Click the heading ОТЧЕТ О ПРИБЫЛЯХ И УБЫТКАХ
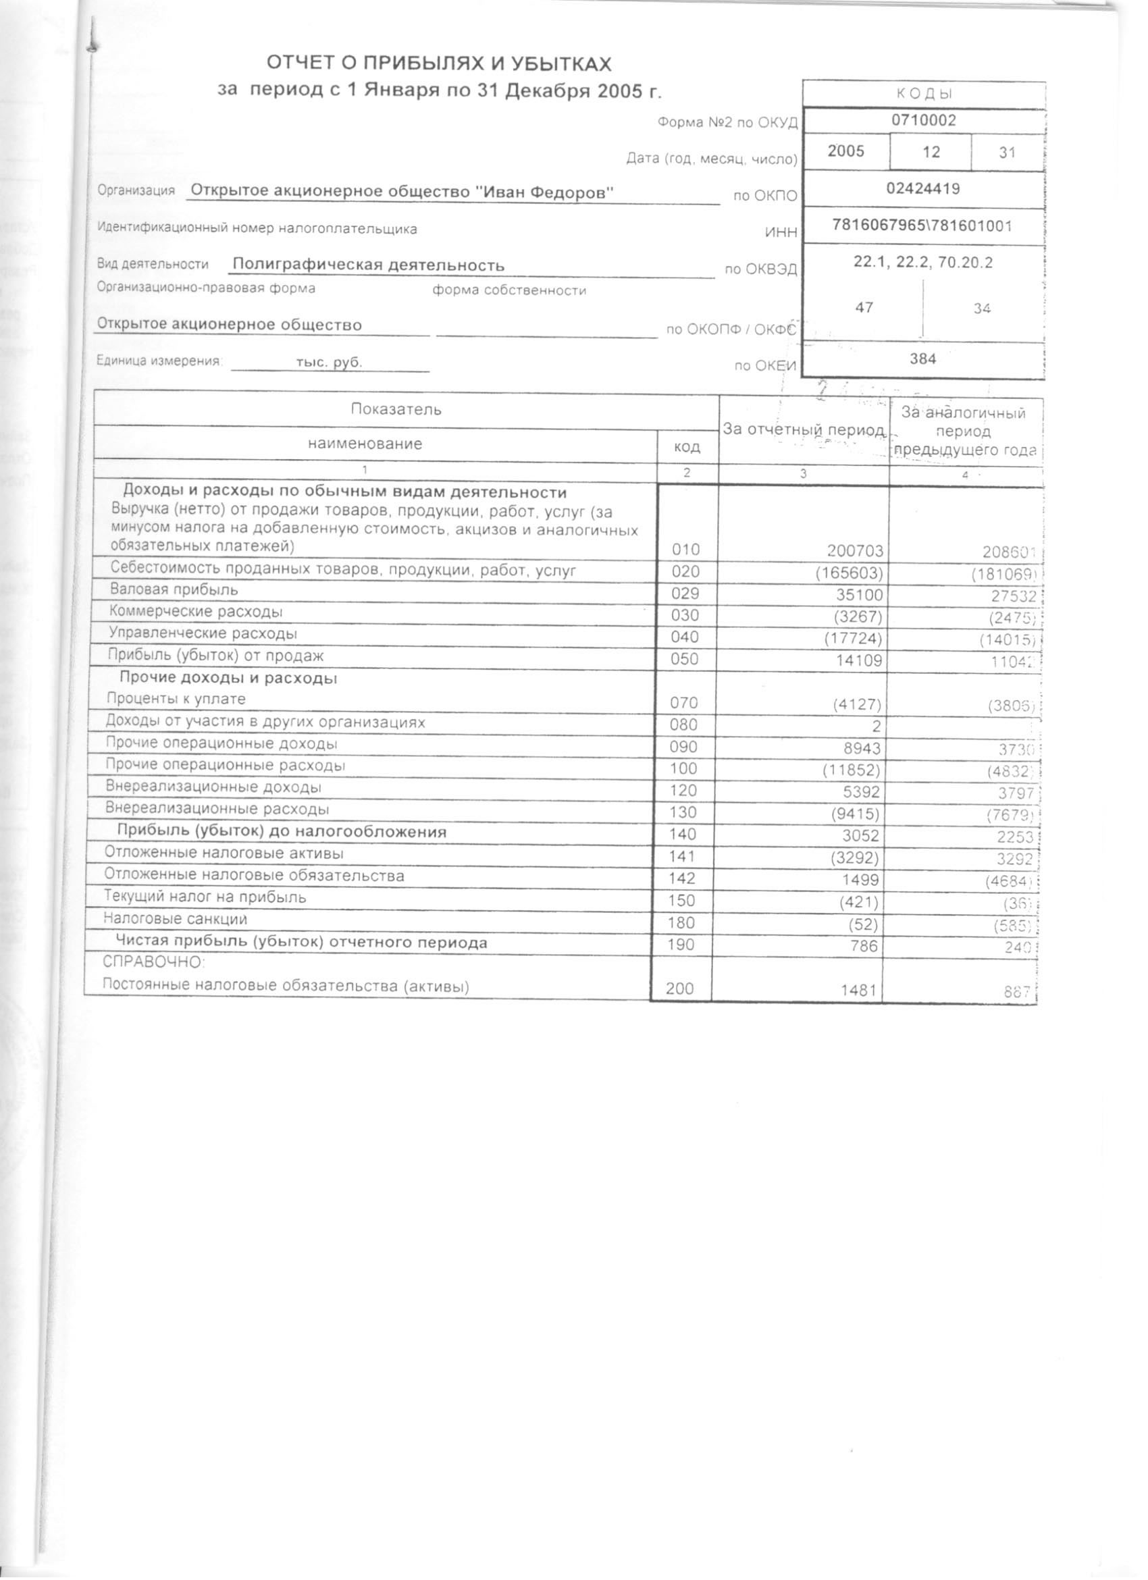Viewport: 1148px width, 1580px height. pos(439,64)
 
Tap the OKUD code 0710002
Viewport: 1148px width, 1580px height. pos(924,120)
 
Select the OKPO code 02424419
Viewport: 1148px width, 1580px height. pos(923,188)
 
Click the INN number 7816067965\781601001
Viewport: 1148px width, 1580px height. pos(922,225)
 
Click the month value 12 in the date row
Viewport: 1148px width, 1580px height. pos(931,152)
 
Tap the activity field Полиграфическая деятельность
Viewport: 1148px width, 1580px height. pos(369,265)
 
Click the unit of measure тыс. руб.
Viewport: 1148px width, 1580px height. pos(329,363)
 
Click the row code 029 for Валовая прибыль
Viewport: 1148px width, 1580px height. pos(685,594)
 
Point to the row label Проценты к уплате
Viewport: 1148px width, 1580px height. pos(176,699)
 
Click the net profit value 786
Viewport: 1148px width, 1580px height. pos(864,946)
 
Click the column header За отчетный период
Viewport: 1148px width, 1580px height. pos(804,430)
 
